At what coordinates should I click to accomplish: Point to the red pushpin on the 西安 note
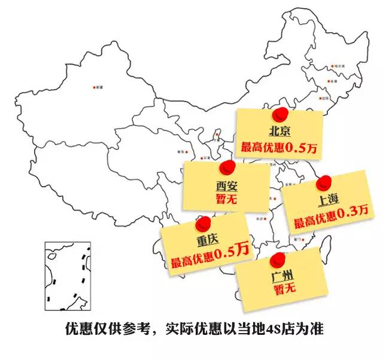click(x=226, y=166)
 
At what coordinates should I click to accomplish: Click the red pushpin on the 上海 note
click(x=324, y=181)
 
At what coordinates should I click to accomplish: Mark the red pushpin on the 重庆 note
click(x=205, y=222)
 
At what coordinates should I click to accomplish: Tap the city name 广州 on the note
click(x=281, y=277)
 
